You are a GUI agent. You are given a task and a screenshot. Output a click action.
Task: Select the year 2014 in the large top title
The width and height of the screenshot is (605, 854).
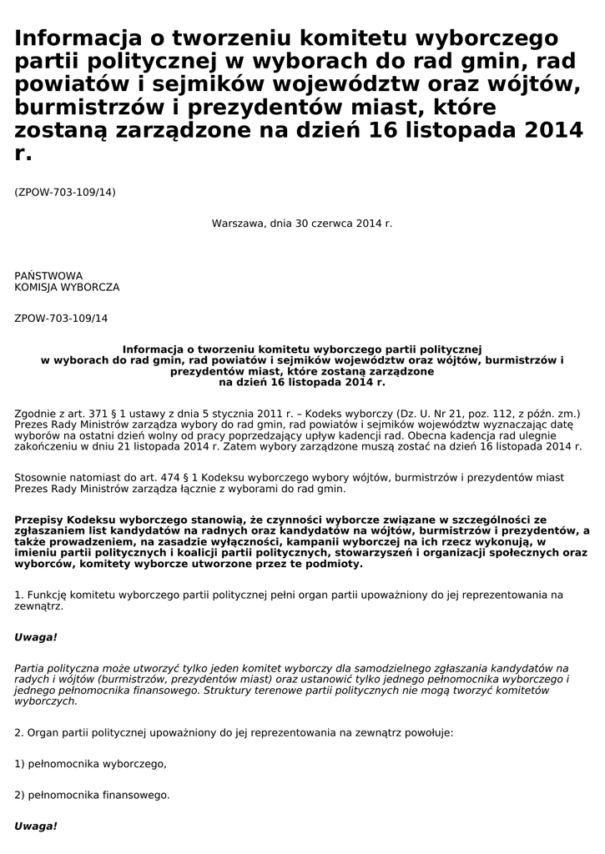[547, 132]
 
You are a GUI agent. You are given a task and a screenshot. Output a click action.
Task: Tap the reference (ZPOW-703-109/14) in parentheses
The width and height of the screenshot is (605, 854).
[65, 193]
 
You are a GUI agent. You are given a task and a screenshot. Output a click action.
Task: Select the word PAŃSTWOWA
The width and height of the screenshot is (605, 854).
[48, 275]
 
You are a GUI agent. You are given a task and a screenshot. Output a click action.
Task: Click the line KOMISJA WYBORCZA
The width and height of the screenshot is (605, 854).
[67, 287]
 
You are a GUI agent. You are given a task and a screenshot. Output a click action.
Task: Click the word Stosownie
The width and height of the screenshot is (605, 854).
[42, 478]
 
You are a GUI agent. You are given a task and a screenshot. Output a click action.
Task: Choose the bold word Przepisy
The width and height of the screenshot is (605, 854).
[38, 520]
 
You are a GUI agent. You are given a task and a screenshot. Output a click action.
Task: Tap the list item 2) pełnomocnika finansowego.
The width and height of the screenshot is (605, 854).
[93, 795]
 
